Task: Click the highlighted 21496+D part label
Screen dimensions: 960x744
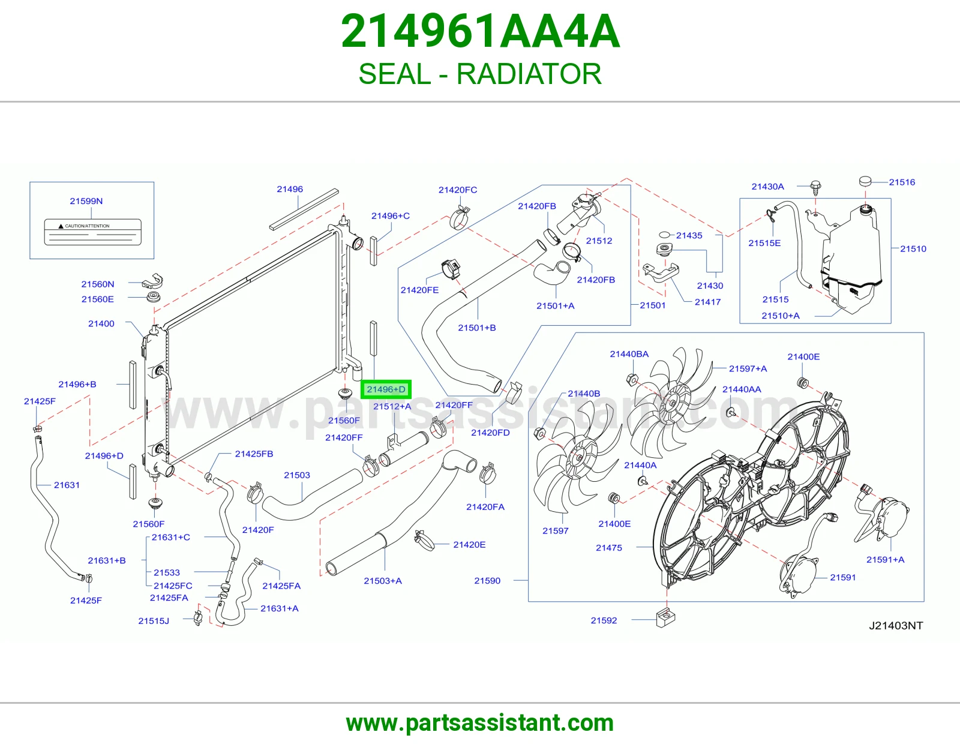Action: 386,389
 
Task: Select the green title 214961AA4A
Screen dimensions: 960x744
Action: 480,31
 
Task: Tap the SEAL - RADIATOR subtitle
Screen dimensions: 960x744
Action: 480,74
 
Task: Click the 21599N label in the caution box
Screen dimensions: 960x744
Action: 86,201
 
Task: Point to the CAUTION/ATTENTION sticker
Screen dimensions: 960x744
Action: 93,232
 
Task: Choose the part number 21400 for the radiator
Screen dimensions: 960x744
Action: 101,323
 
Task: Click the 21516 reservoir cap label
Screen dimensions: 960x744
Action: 902,182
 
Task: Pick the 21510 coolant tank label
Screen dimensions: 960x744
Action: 913,249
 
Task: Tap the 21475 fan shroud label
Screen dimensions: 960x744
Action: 609,548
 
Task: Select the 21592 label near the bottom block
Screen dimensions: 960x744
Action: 604,620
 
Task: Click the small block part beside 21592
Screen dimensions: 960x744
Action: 665,617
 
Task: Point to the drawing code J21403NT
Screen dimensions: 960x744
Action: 896,626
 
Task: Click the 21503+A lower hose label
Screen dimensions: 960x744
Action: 383,581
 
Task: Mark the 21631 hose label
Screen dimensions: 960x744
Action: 67,485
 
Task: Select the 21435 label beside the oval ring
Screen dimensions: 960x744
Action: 689,235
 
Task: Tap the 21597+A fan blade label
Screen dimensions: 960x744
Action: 748,368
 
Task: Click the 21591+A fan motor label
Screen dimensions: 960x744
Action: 886,560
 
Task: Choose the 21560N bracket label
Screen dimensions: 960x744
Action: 98,284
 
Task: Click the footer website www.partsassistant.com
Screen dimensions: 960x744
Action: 480,723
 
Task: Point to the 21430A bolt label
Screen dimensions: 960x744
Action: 768,187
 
